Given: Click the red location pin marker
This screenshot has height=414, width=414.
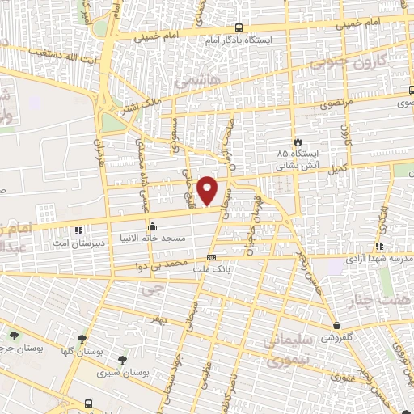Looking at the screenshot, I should pyautogui.click(x=209, y=190).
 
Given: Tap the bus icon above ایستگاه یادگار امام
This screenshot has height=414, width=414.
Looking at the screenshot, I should pyautogui.click(x=240, y=27).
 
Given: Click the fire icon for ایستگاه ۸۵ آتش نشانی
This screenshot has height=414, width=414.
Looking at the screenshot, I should pyautogui.click(x=298, y=140).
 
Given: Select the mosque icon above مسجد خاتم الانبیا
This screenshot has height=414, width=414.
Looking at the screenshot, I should pyautogui.click(x=152, y=226).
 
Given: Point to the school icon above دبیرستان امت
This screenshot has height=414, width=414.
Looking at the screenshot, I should pyautogui.click(x=78, y=228).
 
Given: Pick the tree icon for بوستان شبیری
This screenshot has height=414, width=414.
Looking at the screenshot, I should pyautogui.click(x=122, y=360).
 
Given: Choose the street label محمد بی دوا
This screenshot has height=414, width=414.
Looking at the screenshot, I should pyautogui.click(x=169, y=264).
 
